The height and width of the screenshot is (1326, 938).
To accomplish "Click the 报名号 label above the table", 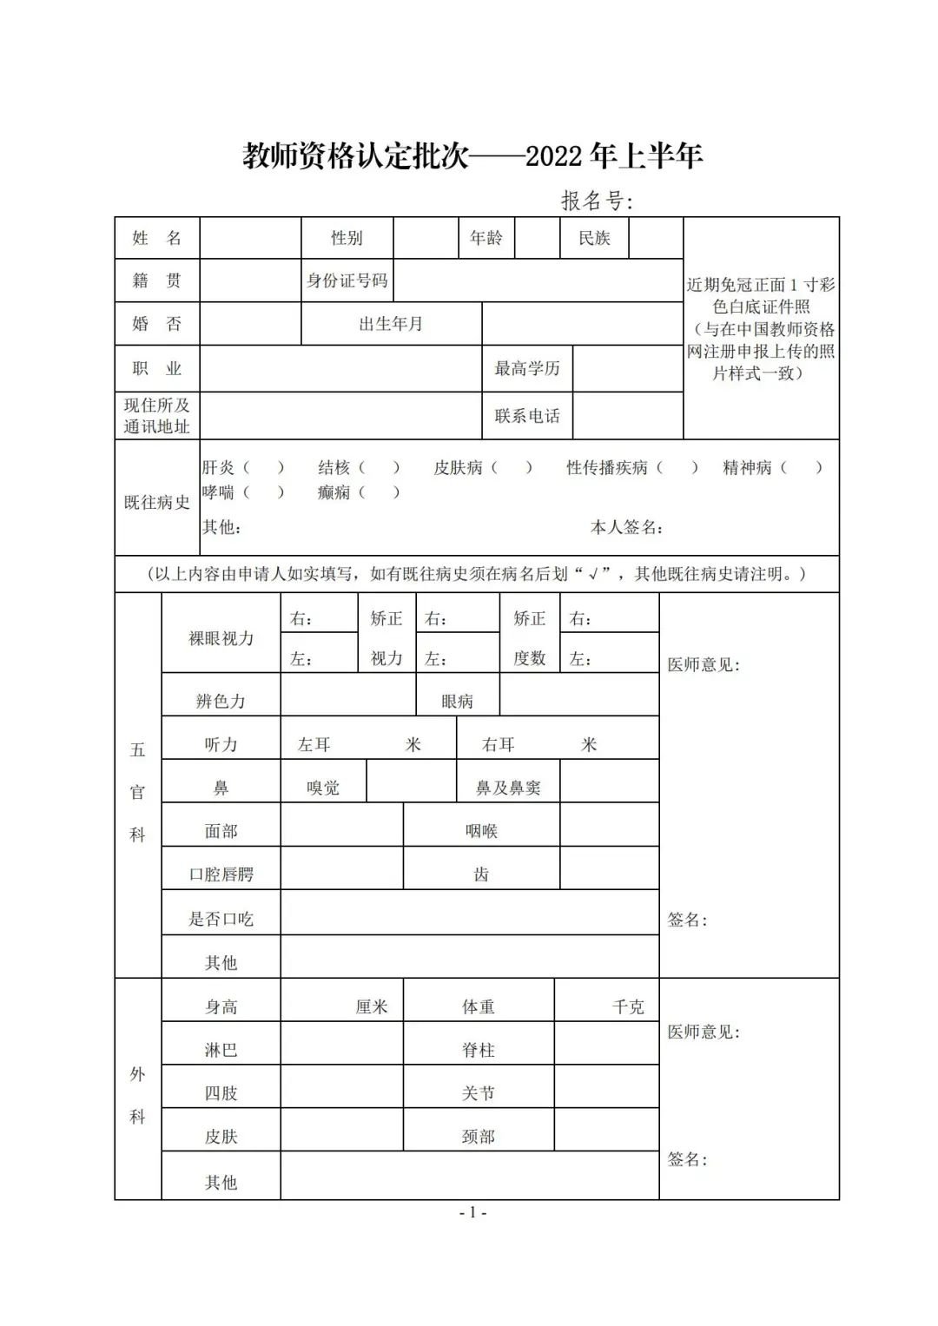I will tap(597, 201).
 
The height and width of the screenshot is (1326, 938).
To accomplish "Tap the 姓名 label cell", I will tap(157, 238).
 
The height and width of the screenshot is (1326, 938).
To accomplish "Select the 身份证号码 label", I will tap(347, 280).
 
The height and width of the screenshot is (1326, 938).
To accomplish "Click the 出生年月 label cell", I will tap(391, 324).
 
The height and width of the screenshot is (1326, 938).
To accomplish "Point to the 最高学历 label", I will tap(527, 368).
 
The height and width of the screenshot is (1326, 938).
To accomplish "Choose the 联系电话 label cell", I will tap(527, 416).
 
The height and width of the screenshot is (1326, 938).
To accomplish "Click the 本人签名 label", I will tap(627, 527).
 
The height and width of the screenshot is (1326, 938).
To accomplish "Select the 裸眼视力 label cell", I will tap(221, 638).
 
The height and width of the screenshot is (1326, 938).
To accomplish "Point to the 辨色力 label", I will tap(221, 701).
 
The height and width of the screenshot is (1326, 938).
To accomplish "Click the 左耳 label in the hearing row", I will tap(314, 744).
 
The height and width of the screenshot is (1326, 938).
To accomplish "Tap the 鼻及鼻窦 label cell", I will tap(508, 788).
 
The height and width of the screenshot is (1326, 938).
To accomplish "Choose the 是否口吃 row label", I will tap(221, 919).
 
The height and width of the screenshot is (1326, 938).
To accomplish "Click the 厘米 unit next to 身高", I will tap(372, 1006).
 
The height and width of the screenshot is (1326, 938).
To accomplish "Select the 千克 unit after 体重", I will tap(628, 1006).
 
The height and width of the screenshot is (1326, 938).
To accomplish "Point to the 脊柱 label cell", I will tap(479, 1050).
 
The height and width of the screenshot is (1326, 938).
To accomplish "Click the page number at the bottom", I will tap(472, 1213).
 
